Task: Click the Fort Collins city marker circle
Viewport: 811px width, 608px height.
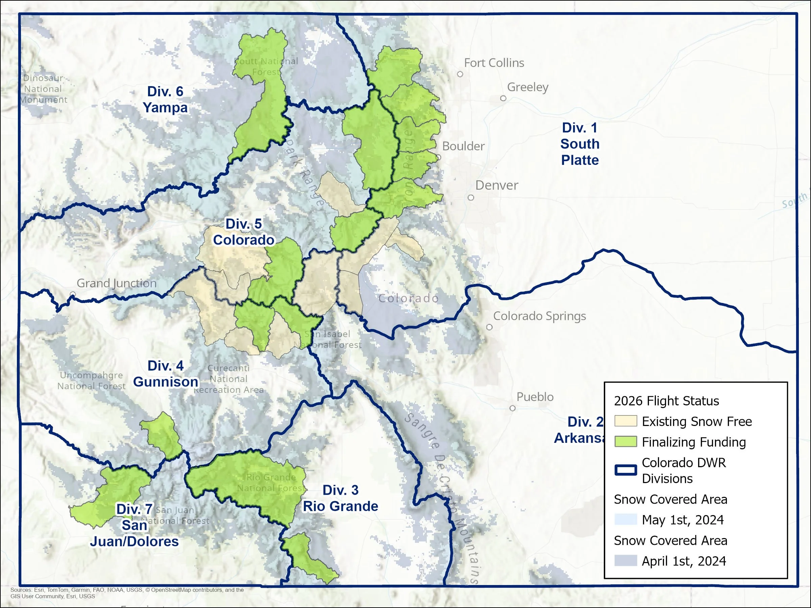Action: coord(460,74)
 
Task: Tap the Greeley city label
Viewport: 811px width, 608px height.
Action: coord(527,87)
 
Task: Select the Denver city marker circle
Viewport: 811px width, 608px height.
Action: coord(471,198)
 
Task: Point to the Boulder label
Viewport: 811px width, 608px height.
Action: coord(463,146)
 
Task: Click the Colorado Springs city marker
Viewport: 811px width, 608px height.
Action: coord(489,327)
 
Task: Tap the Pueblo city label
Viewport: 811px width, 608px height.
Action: coord(535,397)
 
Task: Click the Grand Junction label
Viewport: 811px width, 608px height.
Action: coord(116,283)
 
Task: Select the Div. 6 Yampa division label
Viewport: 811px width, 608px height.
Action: coord(165,99)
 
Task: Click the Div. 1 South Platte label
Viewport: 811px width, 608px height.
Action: coord(579,144)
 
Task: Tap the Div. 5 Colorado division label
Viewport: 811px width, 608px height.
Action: coord(243,232)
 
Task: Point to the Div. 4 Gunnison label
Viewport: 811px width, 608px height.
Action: coord(165,374)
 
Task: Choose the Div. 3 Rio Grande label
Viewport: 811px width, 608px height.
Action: coord(340,498)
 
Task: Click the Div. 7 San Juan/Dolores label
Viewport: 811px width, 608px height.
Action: coord(134,525)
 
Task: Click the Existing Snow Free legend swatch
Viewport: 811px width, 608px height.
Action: coord(625,421)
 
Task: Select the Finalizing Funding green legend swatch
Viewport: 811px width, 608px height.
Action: coord(625,441)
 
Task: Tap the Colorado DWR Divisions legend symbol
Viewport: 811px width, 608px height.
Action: coord(625,470)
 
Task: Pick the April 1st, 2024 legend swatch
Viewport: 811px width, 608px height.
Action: coord(625,561)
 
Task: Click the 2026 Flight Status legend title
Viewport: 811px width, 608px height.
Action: coord(666,401)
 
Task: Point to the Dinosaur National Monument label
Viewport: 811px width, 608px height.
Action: coord(43,89)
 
